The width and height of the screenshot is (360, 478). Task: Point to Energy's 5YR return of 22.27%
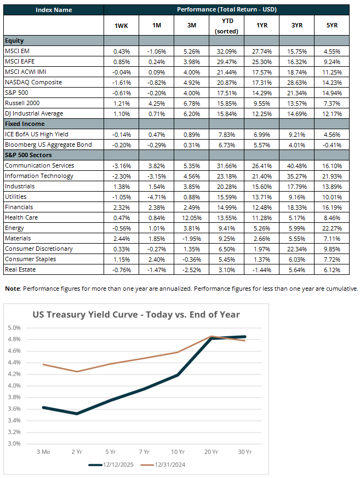[332, 228]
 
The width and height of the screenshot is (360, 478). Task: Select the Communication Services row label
[39, 165]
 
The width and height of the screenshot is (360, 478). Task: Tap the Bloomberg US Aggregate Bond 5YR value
[332, 145]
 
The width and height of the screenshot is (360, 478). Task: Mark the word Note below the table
[12, 289]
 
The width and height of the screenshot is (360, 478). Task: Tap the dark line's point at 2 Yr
[77, 413]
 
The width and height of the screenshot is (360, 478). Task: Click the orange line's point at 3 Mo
[43, 364]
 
